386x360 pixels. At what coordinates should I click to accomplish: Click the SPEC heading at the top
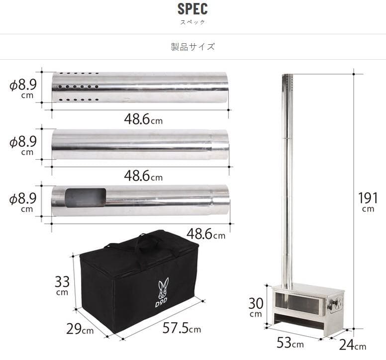tap(193, 9)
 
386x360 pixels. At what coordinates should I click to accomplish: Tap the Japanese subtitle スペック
tap(193, 22)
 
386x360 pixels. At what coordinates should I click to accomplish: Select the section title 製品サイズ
tap(193, 47)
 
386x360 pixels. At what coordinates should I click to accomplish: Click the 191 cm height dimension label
tap(368, 202)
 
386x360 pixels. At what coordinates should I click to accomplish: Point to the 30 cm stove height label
tap(256, 307)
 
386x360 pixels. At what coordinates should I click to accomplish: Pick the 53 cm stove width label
tap(290, 343)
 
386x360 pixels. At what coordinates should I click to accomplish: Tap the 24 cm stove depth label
tap(353, 345)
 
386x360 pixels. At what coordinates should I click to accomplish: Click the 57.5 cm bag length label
tap(182, 328)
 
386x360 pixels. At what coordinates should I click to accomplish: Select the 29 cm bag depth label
tap(80, 329)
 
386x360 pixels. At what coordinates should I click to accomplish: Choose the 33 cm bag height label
tap(62, 285)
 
